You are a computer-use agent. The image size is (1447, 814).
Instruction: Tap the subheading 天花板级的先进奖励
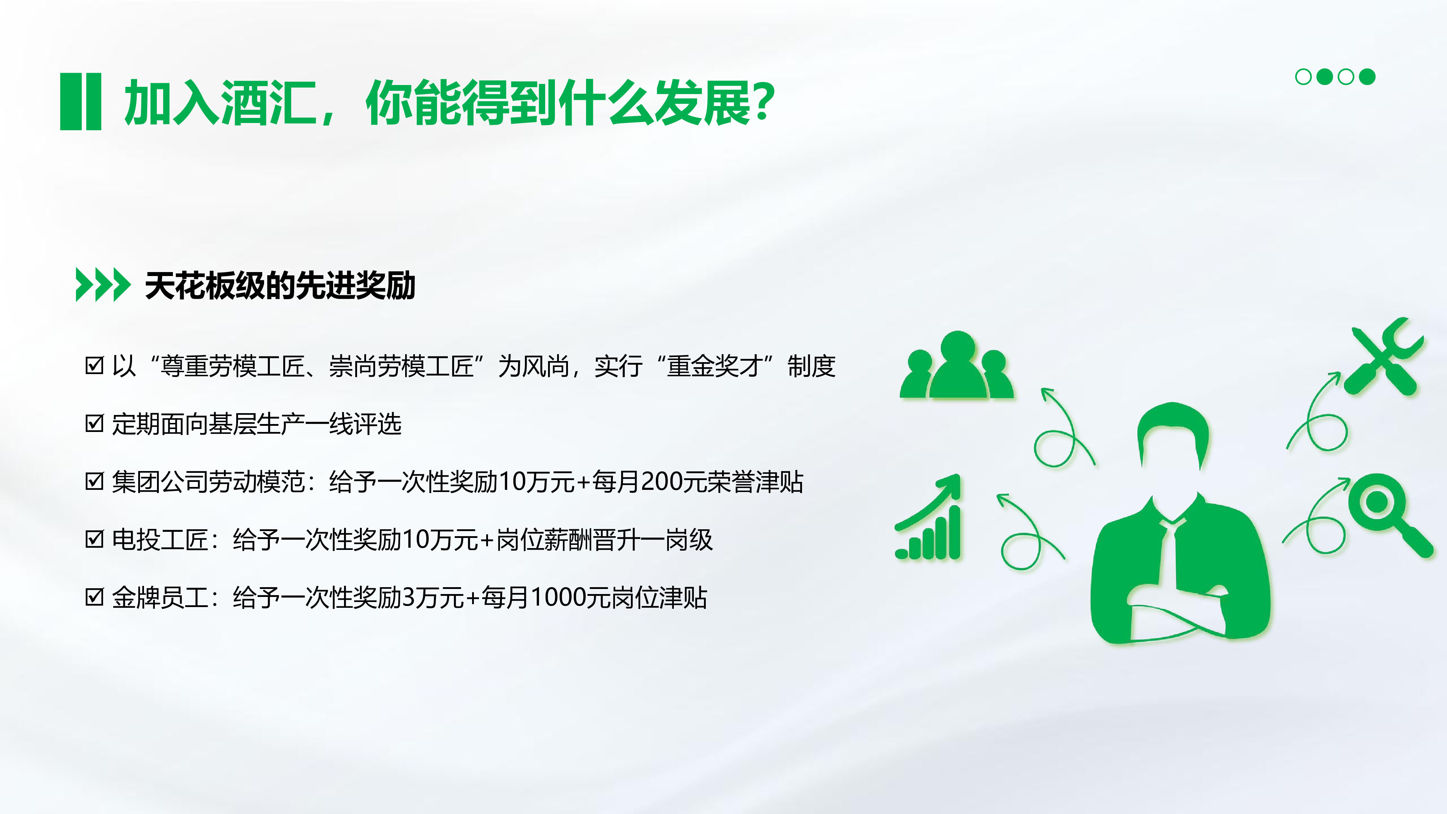[280, 285]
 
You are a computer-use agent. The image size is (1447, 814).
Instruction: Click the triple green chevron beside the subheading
[103, 285]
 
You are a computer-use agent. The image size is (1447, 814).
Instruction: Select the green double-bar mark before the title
[80, 102]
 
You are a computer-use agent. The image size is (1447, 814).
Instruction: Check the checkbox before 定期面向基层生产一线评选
[94, 423]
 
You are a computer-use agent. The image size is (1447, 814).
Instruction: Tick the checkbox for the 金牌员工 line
[94, 597]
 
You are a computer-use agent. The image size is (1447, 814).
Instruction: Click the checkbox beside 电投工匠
[94, 539]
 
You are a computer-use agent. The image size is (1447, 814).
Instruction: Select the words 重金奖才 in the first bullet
[714, 366]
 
